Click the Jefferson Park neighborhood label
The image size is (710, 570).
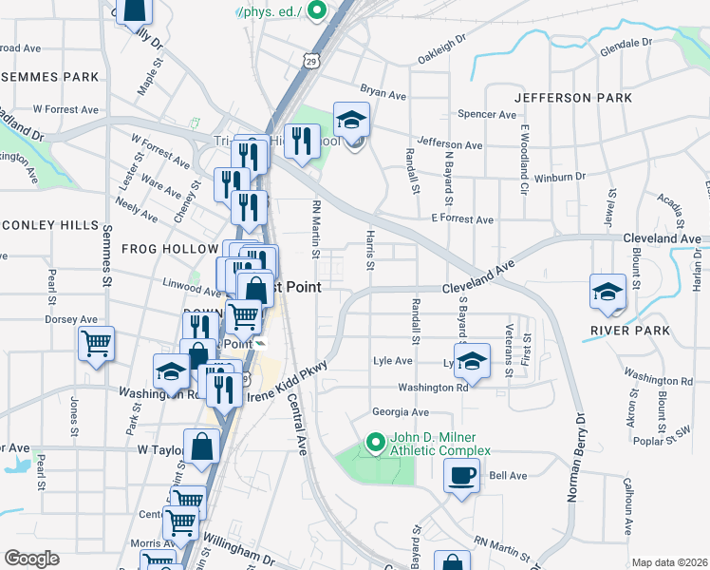573,98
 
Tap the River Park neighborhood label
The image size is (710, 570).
629,331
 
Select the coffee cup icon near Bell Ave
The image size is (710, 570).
462,475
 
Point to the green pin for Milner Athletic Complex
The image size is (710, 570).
374,442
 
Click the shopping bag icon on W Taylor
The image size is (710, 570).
202,446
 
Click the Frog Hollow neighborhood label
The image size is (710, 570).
170,249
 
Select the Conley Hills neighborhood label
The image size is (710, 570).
48,225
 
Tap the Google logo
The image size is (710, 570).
31,559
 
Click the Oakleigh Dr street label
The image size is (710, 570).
441,51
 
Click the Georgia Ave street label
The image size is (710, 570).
400,412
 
